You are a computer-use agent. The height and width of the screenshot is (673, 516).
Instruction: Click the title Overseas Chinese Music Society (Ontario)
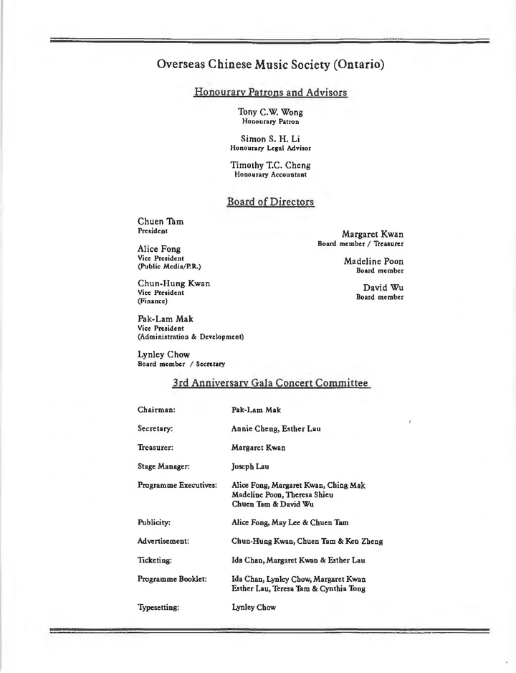tap(270, 65)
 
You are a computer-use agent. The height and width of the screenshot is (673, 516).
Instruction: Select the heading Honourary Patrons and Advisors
tap(270, 93)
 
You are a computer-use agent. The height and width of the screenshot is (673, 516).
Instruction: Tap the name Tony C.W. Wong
tap(270, 112)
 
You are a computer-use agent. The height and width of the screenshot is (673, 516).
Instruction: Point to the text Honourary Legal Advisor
tap(270, 148)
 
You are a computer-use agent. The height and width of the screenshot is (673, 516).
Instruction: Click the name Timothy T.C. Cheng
tap(270, 165)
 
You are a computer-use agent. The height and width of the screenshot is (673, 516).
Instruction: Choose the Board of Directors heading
tap(270, 202)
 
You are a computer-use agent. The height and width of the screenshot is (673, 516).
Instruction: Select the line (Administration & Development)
tap(191, 336)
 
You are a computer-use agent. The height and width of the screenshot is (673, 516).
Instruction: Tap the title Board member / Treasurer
tap(360, 244)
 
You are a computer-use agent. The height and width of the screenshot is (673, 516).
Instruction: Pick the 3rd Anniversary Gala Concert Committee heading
tap(270, 384)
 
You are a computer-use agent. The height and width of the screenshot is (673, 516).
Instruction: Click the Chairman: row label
tap(156, 410)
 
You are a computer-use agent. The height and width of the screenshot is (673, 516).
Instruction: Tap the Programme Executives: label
tap(177, 486)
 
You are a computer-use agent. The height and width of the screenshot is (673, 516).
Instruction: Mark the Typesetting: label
tap(158, 606)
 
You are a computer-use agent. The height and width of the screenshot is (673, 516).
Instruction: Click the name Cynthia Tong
tap(340, 589)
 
